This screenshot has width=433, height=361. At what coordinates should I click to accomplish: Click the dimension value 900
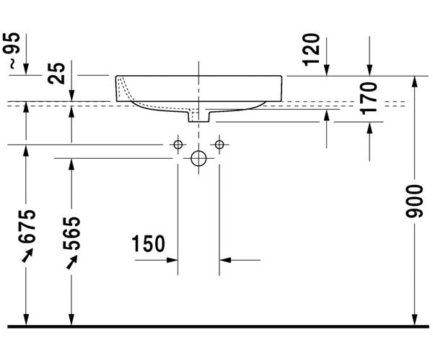coord(415,201)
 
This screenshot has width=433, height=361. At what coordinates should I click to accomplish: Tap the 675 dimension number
coord(27,227)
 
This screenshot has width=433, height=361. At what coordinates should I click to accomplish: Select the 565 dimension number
coord(71,233)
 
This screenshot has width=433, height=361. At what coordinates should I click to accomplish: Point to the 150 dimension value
coord(148,243)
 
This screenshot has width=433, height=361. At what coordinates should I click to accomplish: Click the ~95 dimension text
coord(12,51)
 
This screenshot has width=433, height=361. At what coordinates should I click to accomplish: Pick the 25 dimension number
coord(56,73)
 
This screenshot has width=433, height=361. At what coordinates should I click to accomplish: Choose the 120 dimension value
coord(311,50)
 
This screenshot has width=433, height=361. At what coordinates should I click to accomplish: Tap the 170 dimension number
coord(369,98)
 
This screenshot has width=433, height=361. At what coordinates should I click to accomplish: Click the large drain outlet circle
coord(198,158)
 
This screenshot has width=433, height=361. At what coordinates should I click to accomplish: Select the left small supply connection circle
coord(178,144)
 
